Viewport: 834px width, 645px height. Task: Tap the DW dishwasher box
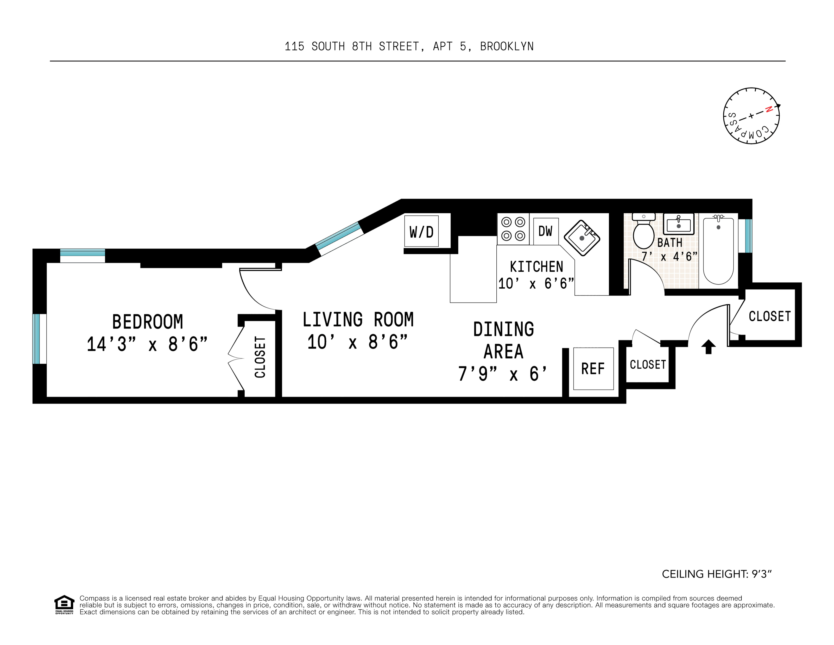pos(546,231)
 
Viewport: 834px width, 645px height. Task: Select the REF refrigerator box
pos(593,369)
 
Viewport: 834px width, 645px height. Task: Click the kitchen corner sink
pos(582,238)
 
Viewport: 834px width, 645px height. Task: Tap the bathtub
pos(718,250)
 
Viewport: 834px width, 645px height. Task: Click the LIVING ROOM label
pos(358,319)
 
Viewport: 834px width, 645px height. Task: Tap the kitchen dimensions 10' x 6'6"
pos(536,283)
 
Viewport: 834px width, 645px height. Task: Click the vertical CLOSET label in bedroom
pos(260,357)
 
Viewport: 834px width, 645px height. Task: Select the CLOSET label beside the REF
pos(648,365)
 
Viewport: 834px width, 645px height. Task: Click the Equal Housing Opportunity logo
pos(64,605)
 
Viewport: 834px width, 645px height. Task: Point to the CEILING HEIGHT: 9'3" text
pos(717,574)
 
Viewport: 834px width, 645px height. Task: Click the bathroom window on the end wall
pos(748,236)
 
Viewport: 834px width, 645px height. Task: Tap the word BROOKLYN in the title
pos(507,46)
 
